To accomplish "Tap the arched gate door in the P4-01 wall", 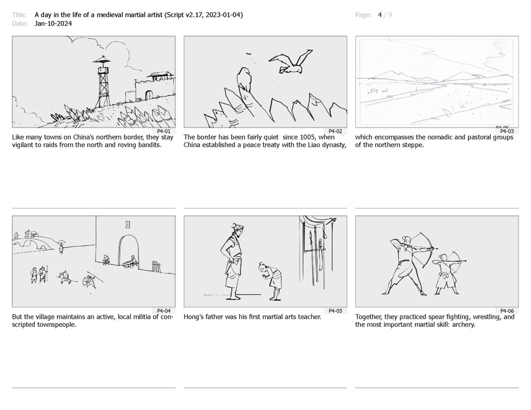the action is pyautogui.click(x=148, y=95).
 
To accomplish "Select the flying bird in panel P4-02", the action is pyautogui.click(x=291, y=62).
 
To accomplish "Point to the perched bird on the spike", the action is pyautogui.click(x=244, y=79).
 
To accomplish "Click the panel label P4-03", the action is pyautogui.click(x=507, y=132).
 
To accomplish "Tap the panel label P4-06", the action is pyautogui.click(x=507, y=311).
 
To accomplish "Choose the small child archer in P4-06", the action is pyautogui.click(x=447, y=273).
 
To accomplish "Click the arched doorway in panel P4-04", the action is pyautogui.click(x=128, y=251).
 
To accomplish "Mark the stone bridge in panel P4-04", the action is pyautogui.click(x=33, y=243).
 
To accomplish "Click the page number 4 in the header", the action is pyautogui.click(x=380, y=15).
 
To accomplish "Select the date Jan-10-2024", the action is pyautogui.click(x=53, y=23).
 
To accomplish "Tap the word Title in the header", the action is pyautogui.click(x=19, y=15).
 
